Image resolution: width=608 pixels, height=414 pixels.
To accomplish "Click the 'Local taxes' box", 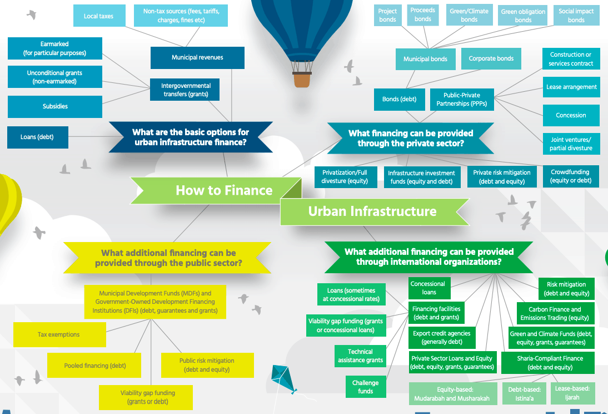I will pos(98,16).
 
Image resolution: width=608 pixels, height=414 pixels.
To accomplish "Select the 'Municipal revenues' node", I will pos(197,58).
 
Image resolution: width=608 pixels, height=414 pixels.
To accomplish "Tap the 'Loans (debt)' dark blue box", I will pos(37,137).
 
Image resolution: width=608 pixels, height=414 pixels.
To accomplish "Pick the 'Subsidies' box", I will pos(55,106).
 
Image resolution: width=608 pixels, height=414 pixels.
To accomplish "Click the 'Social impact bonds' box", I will pos(576,16).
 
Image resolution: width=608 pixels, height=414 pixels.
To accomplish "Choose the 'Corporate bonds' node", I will pos(491,58).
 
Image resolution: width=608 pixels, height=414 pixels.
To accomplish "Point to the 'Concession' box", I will pos(571,115).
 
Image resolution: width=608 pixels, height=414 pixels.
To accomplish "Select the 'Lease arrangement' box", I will pos(571,87).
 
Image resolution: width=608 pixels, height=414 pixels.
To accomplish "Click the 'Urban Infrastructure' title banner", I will pos(372,211).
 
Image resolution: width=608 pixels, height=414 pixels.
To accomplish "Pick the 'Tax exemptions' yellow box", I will pos(59,334).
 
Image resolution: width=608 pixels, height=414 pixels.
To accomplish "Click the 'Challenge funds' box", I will pos(365,387).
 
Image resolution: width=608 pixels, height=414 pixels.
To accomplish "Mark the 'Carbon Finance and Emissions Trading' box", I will pos(554,313).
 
